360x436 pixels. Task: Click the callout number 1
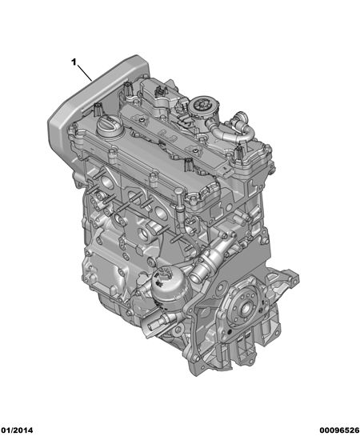click(x=74, y=62)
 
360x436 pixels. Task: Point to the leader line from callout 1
click(x=85, y=73)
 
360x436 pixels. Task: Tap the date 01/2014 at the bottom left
click(x=17, y=430)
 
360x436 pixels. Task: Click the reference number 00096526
click(x=339, y=430)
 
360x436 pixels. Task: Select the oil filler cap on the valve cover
click(x=109, y=128)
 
